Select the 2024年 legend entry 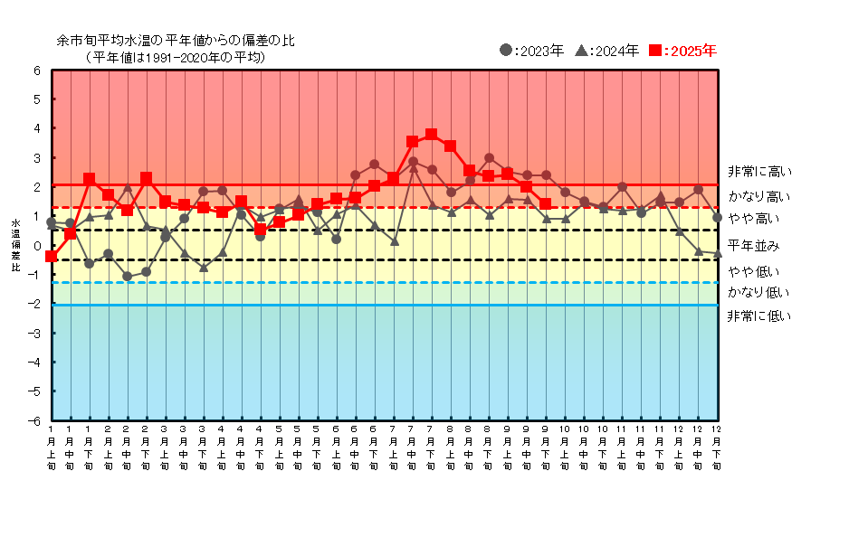[608, 51]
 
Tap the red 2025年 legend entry [683, 51]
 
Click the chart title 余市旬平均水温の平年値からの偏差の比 [176, 41]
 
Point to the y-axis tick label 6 [37, 71]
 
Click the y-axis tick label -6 [35, 420]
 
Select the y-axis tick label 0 [37, 245]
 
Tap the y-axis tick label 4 [37, 128]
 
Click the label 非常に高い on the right [758, 171]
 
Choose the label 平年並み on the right [753, 245]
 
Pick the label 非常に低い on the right [758, 316]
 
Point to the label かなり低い [758, 292]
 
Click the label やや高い [753, 219]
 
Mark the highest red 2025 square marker [431, 135]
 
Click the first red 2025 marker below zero [52, 257]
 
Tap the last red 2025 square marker [546, 204]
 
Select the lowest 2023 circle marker [128, 276]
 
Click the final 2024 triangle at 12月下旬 [717, 254]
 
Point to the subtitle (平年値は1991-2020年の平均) [176, 57]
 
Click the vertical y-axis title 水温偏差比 [15, 245]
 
